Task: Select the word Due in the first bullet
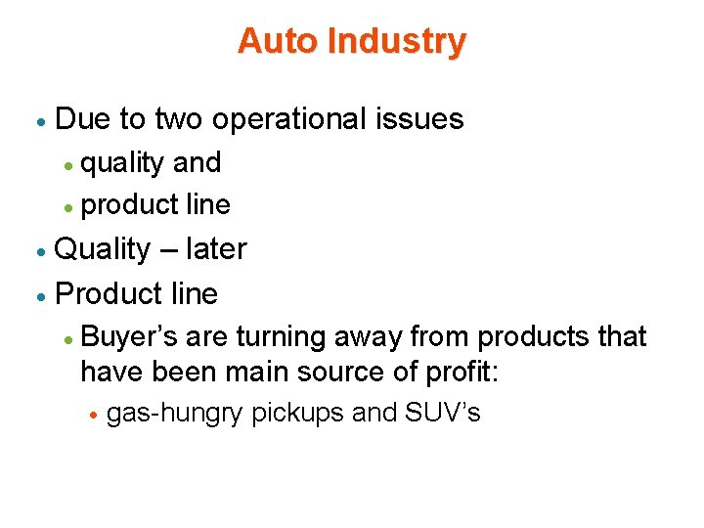pyautogui.click(x=82, y=119)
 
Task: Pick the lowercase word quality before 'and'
pyautogui.click(x=122, y=162)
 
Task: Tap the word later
pyautogui.click(x=215, y=249)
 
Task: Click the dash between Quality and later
pyautogui.click(x=165, y=250)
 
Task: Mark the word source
pyautogui.click(x=335, y=373)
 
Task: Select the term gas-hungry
pyautogui.click(x=174, y=414)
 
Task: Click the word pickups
pyautogui.click(x=297, y=414)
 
